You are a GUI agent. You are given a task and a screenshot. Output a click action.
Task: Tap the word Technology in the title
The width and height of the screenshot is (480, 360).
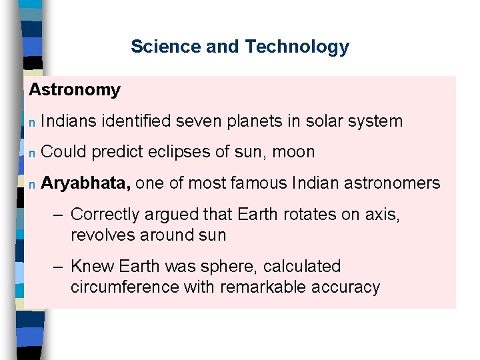pos(297,47)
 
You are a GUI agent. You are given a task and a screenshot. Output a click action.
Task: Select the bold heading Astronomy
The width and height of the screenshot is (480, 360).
pos(75,89)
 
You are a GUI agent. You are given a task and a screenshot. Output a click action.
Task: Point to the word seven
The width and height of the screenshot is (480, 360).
pos(195,121)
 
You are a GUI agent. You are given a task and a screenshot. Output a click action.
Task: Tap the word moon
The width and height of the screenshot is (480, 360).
pos(293,152)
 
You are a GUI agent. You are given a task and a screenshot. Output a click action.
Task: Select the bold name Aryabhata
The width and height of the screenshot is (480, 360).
pos(85,183)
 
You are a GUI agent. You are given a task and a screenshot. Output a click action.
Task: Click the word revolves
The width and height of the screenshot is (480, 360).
pos(99,235)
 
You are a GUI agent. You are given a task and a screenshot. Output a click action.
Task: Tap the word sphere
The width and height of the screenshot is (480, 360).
pos(227,267)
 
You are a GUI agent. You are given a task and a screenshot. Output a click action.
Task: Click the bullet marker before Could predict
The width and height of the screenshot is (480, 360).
pos(31,153)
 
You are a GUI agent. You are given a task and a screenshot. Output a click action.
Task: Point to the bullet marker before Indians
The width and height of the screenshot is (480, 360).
pos(31,121)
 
